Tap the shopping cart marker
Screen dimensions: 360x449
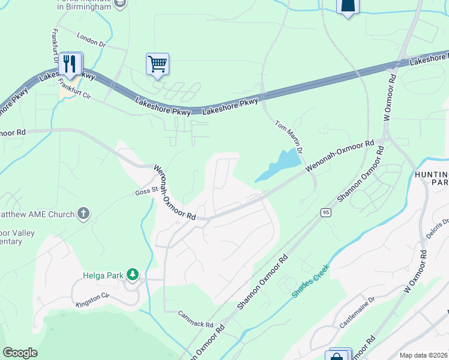(x=157, y=64)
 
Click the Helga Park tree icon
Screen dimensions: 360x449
(x=132, y=275)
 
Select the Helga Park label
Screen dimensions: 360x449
(x=103, y=275)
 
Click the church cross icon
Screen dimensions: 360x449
(x=83, y=214)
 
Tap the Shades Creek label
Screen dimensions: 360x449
(x=310, y=280)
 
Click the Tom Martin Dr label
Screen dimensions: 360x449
(x=288, y=136)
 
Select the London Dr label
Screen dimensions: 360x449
(x=91, y=40)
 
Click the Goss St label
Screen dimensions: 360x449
(x=146, y=190)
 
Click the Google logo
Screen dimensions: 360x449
(x=20, y=353)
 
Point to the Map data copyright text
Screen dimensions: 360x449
(x=423, y=355)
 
